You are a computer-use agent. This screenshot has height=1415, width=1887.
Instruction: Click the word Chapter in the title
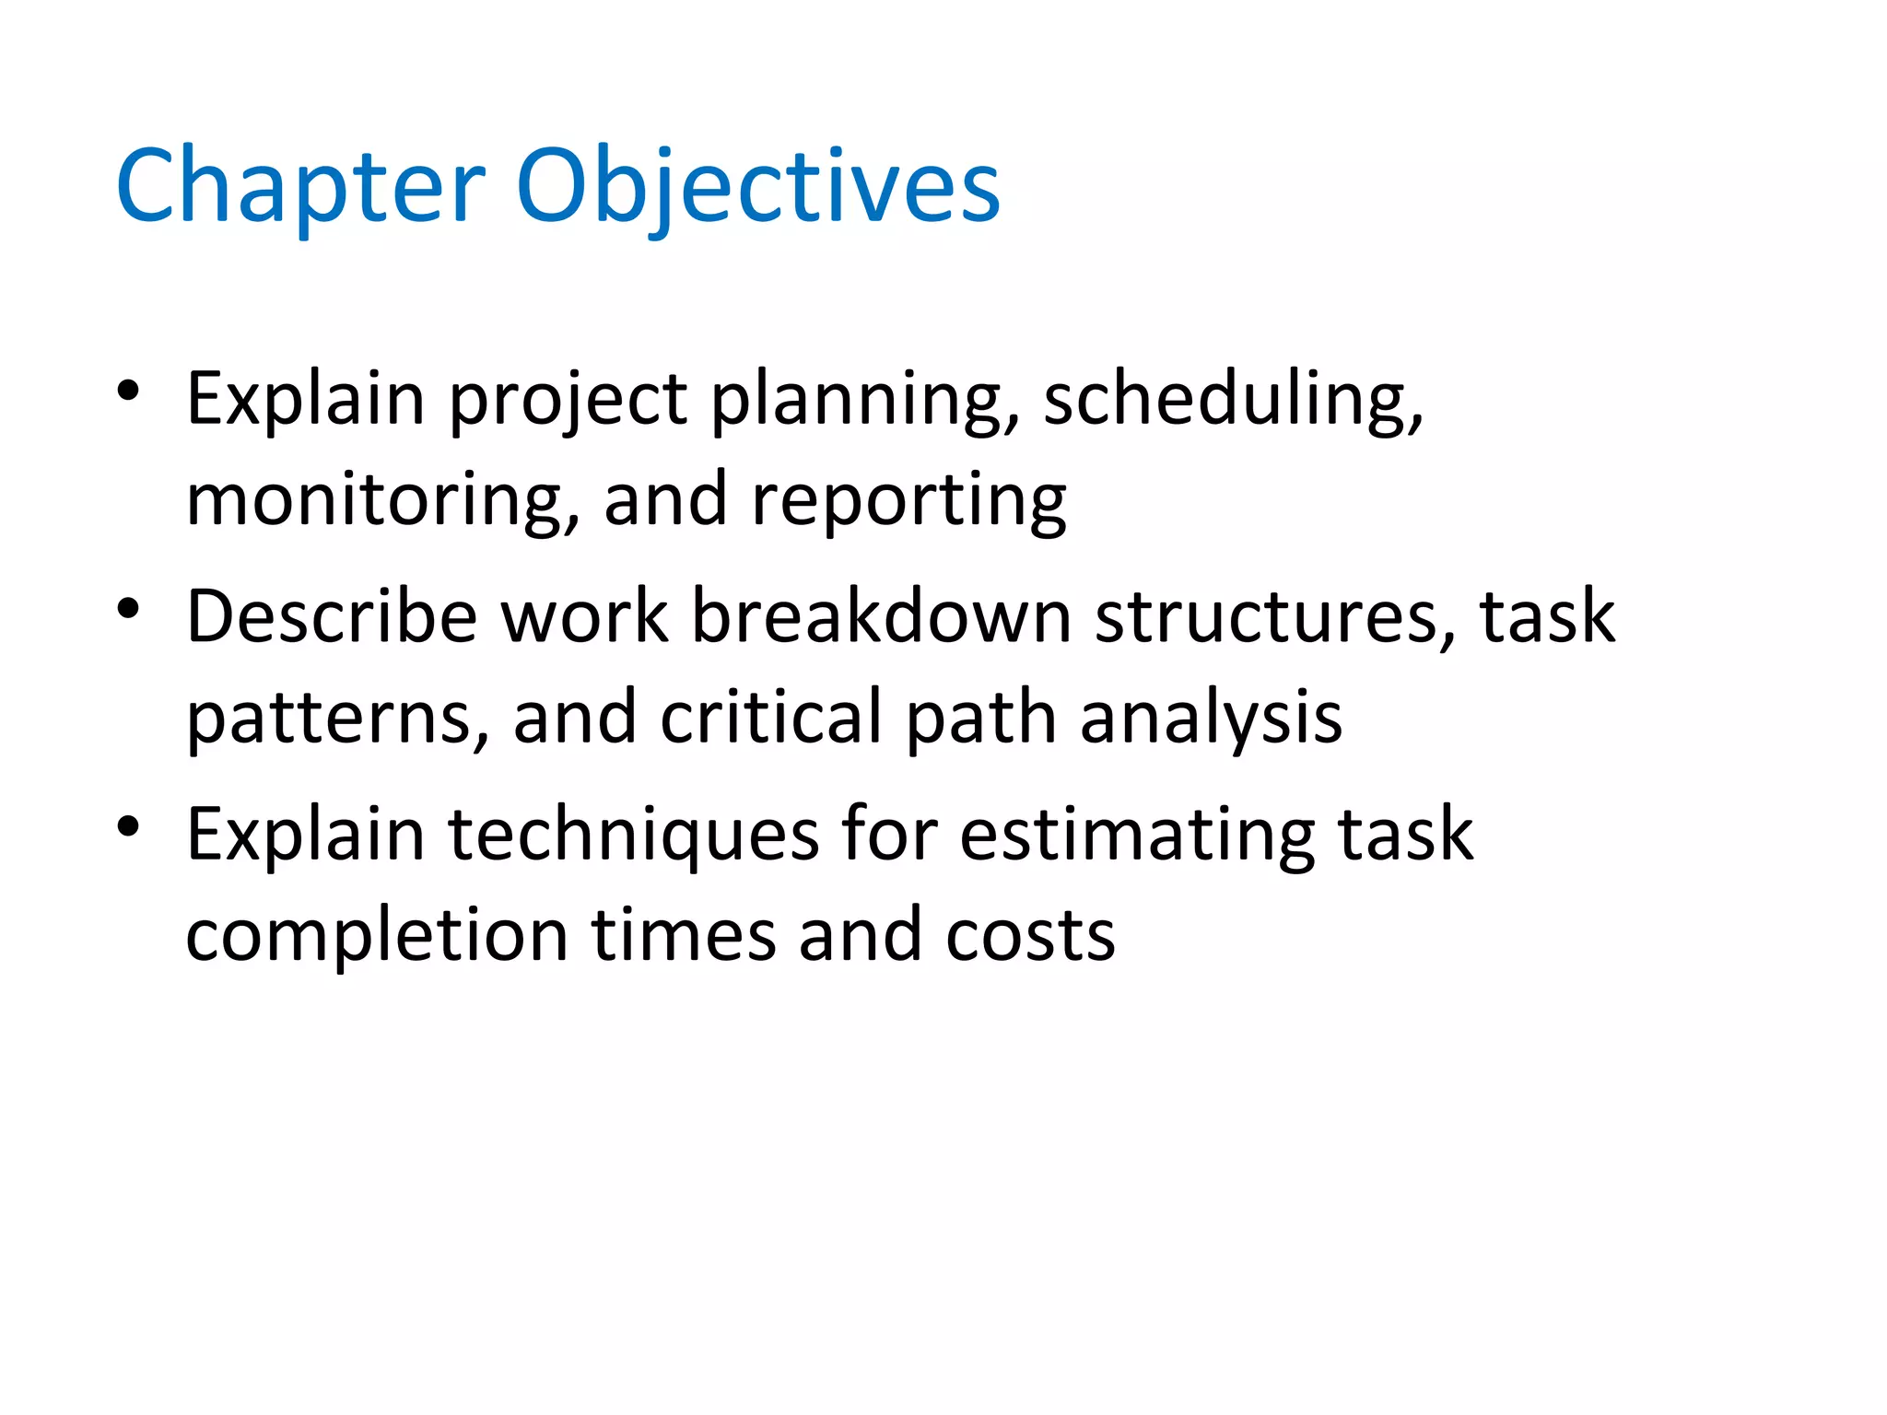tap(299, 188)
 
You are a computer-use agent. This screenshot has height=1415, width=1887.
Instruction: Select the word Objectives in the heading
tap(757, 188)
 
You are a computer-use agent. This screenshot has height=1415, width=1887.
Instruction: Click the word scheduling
tap(1233, 400)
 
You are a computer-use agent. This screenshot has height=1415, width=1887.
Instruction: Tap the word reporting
tap(908, 501)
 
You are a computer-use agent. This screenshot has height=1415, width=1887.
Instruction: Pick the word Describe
tap(332, 616)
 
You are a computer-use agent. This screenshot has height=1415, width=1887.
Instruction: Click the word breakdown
tap(881, 616)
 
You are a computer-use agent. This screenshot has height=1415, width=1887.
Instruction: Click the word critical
tap(771, 718)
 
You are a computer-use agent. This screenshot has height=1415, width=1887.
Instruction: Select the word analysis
tap(1211, 718)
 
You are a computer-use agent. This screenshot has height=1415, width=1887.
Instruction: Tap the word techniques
tap(634, 836)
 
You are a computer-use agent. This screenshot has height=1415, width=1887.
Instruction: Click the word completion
tap(377, 936)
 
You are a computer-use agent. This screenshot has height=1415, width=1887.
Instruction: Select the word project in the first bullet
tap(568, 400)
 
